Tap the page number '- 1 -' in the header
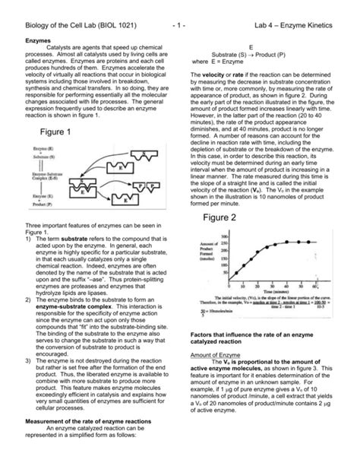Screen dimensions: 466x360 (x=180, y=15)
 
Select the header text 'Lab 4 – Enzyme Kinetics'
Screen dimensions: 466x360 (x=293, y=15)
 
